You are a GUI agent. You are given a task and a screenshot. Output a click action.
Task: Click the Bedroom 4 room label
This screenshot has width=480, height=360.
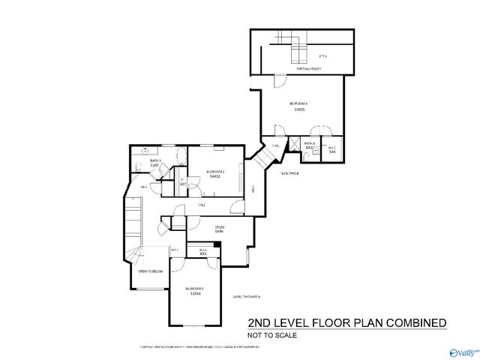299,103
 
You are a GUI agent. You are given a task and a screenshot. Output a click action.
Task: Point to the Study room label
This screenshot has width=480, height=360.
220,226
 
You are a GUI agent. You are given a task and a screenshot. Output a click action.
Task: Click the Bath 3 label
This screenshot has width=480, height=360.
156,160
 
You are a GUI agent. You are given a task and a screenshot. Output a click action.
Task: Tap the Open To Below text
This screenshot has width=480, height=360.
151,271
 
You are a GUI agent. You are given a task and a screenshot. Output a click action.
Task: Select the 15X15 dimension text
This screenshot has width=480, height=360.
299,109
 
